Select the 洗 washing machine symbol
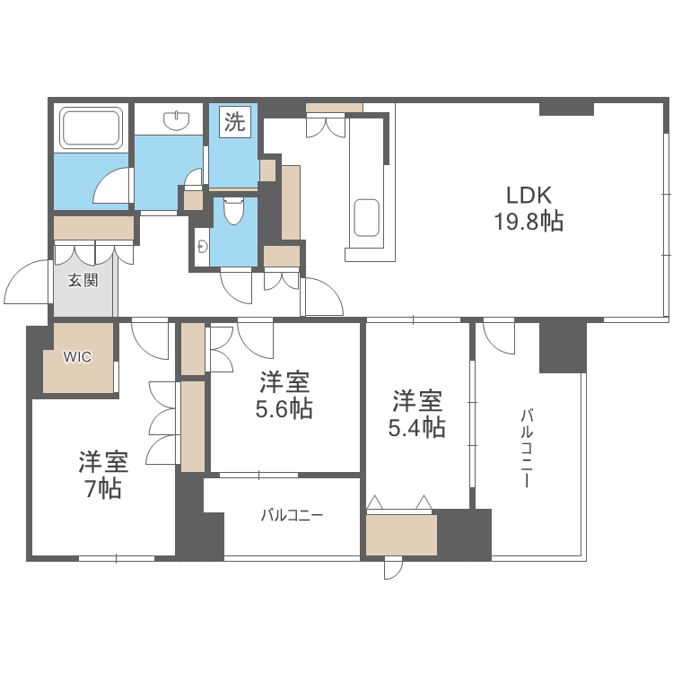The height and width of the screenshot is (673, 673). pyautogui.click(x=234, y=124)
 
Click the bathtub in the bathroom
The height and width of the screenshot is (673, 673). pyautogui.click(x=91, y=127)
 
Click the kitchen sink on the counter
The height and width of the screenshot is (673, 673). pyautogui.click(x=368, y=217)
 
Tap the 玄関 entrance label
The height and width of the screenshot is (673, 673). pyautogui.click(x=83, y=280)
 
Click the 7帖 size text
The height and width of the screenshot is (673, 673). pyautogui.click(x=102, y=489)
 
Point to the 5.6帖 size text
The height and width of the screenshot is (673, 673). pyautogui.click(x=285, y=409)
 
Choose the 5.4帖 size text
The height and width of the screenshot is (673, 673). pyautogui.click(x=417, y=426)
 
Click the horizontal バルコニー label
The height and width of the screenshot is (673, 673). pyautogui.click(x=292, y=516)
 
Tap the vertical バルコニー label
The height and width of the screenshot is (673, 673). pyautogui.click(x=528, y=447)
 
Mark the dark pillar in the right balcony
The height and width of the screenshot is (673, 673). pyautogui.click(x=562, y=347)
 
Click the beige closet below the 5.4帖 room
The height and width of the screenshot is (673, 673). pyautogui.click(x=401, y=535)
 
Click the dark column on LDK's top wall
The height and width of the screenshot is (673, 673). pyautogui.click(x=566, y=109)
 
